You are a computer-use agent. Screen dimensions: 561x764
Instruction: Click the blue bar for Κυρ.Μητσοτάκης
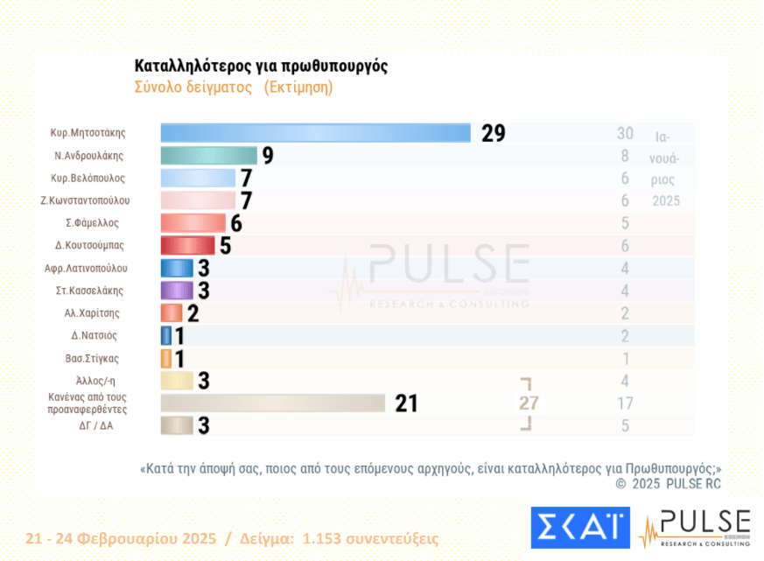tap(315, 133)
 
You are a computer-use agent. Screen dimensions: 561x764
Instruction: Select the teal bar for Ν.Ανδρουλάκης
tap(208, 156)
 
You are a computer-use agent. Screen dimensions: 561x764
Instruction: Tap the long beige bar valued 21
tap(272, 403)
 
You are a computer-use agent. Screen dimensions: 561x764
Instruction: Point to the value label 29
tap(493, 133)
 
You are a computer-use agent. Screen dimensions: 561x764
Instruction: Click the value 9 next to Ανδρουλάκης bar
tap(268, 156)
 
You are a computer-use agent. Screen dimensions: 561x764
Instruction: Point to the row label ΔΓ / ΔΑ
tap(94, 425)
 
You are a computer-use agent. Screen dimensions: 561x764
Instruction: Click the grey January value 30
tap(624, 133)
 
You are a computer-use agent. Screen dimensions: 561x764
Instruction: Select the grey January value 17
tap(624, 403)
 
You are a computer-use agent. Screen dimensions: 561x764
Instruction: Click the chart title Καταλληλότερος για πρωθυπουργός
tap(261, 67)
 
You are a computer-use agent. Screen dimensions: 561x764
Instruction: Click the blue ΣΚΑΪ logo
tap(579, 527)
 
